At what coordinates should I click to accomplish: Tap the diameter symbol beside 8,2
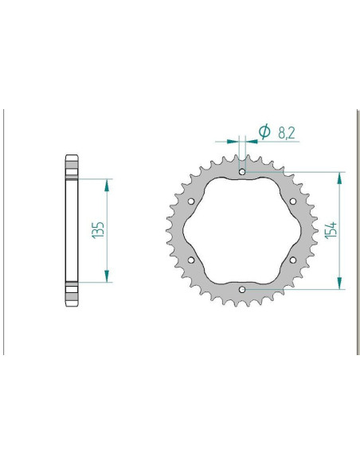(x=264, y=132)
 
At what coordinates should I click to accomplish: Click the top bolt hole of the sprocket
(x=242, y=170)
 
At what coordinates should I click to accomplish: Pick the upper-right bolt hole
(x=293, y=201)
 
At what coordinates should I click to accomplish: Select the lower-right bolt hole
(x=293, y=260)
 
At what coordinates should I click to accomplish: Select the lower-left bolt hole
(x=191, y=260)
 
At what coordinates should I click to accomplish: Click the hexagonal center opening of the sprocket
(x=242, y=230)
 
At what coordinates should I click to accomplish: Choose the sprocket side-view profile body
(x=71, y=230)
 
